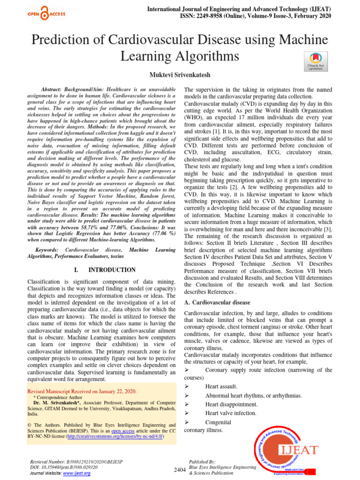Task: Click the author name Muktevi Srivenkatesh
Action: (x=180, y=75)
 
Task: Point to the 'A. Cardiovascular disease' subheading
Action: (x=217, y=303)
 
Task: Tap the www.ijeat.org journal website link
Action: (x=77, y=473)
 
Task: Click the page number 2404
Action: (x=180, y=470)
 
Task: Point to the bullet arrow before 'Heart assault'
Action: (x=187, y=387)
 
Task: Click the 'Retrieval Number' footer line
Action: (x=76, y=461)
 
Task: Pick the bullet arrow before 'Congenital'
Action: (x=187, y=422)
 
